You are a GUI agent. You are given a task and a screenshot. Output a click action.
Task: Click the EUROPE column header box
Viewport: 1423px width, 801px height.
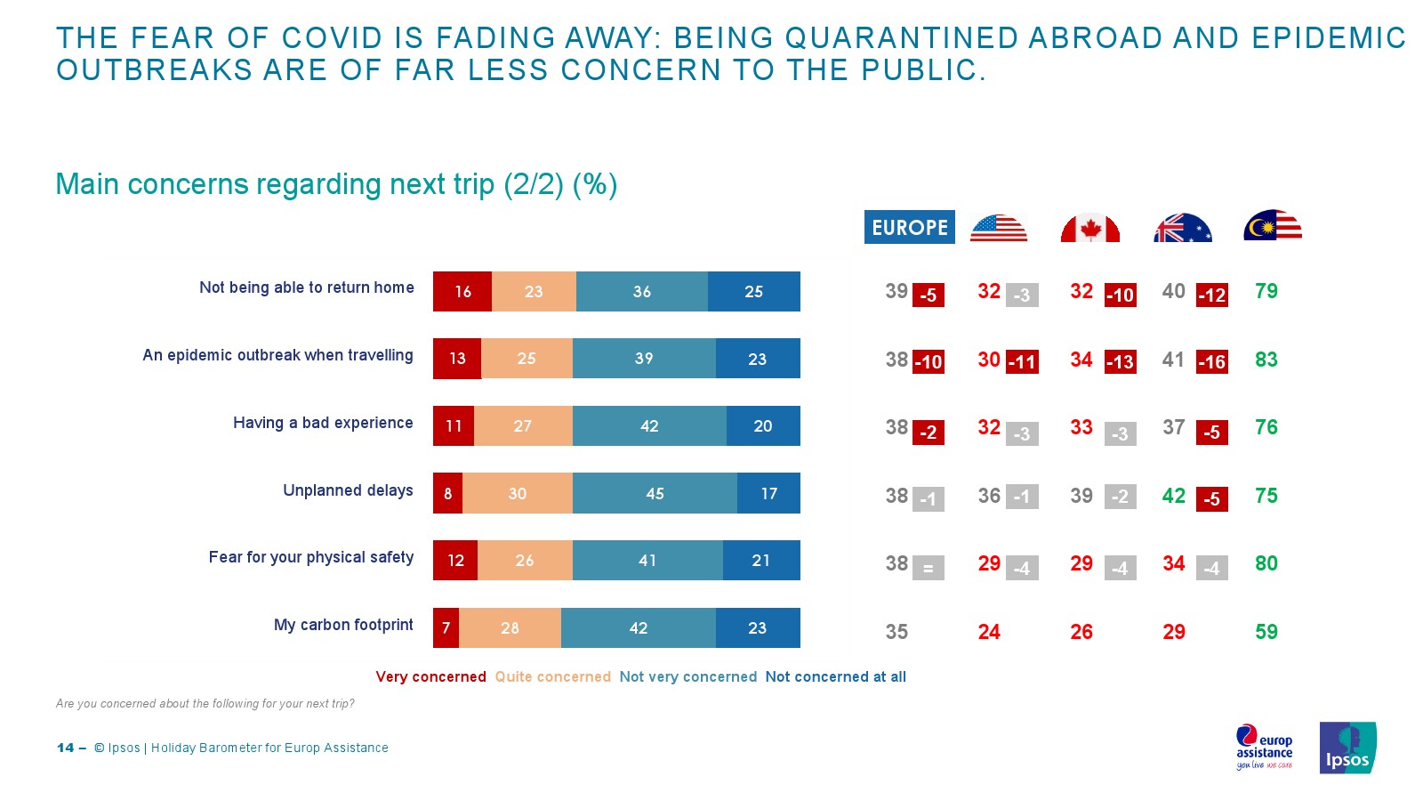[909, 227]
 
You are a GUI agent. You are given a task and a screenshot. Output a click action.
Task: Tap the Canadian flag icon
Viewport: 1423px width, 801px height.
[1089, 228]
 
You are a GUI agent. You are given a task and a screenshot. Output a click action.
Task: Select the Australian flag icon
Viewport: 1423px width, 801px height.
[1182, 228]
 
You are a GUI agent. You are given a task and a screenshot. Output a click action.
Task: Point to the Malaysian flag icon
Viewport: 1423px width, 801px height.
[1273, 226]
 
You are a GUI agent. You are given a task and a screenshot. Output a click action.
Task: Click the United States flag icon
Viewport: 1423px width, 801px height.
[998, 228]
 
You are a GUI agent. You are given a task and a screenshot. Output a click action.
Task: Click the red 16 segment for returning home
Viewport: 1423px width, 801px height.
[462, 291]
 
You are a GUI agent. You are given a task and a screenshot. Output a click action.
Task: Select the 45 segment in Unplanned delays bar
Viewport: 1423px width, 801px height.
[655, 493]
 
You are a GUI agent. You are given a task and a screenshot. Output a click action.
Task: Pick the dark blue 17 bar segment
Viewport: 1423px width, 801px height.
[768, 493]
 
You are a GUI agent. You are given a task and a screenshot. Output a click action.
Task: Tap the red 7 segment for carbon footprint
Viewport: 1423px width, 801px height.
[446, 627]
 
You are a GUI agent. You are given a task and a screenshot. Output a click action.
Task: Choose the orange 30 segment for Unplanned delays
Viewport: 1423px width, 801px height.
[518, 493]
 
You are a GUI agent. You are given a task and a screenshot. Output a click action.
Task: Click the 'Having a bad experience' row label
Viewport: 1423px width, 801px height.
[323, 423]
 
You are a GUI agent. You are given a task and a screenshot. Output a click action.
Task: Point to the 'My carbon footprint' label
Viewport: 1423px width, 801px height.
[343, 625]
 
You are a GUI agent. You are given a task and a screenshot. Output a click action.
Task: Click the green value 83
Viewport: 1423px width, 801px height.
[1266, 360]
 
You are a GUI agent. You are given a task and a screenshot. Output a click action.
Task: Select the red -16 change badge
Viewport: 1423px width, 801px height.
[1211, 361]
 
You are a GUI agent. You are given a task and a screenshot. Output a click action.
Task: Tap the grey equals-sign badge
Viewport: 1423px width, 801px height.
[928, 568]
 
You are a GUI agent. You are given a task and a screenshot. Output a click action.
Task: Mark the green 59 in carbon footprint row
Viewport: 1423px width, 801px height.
[1266, 632]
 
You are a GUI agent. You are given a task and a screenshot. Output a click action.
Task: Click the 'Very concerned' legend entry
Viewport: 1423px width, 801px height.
[430, 676]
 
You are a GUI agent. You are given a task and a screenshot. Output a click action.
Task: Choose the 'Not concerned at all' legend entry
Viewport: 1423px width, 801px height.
[835, 676]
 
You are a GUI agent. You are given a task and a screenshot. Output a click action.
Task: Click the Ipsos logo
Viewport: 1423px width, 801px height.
[1347, 748]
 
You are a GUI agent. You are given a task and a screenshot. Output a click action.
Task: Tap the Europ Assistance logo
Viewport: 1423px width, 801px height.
[1264, 747]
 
